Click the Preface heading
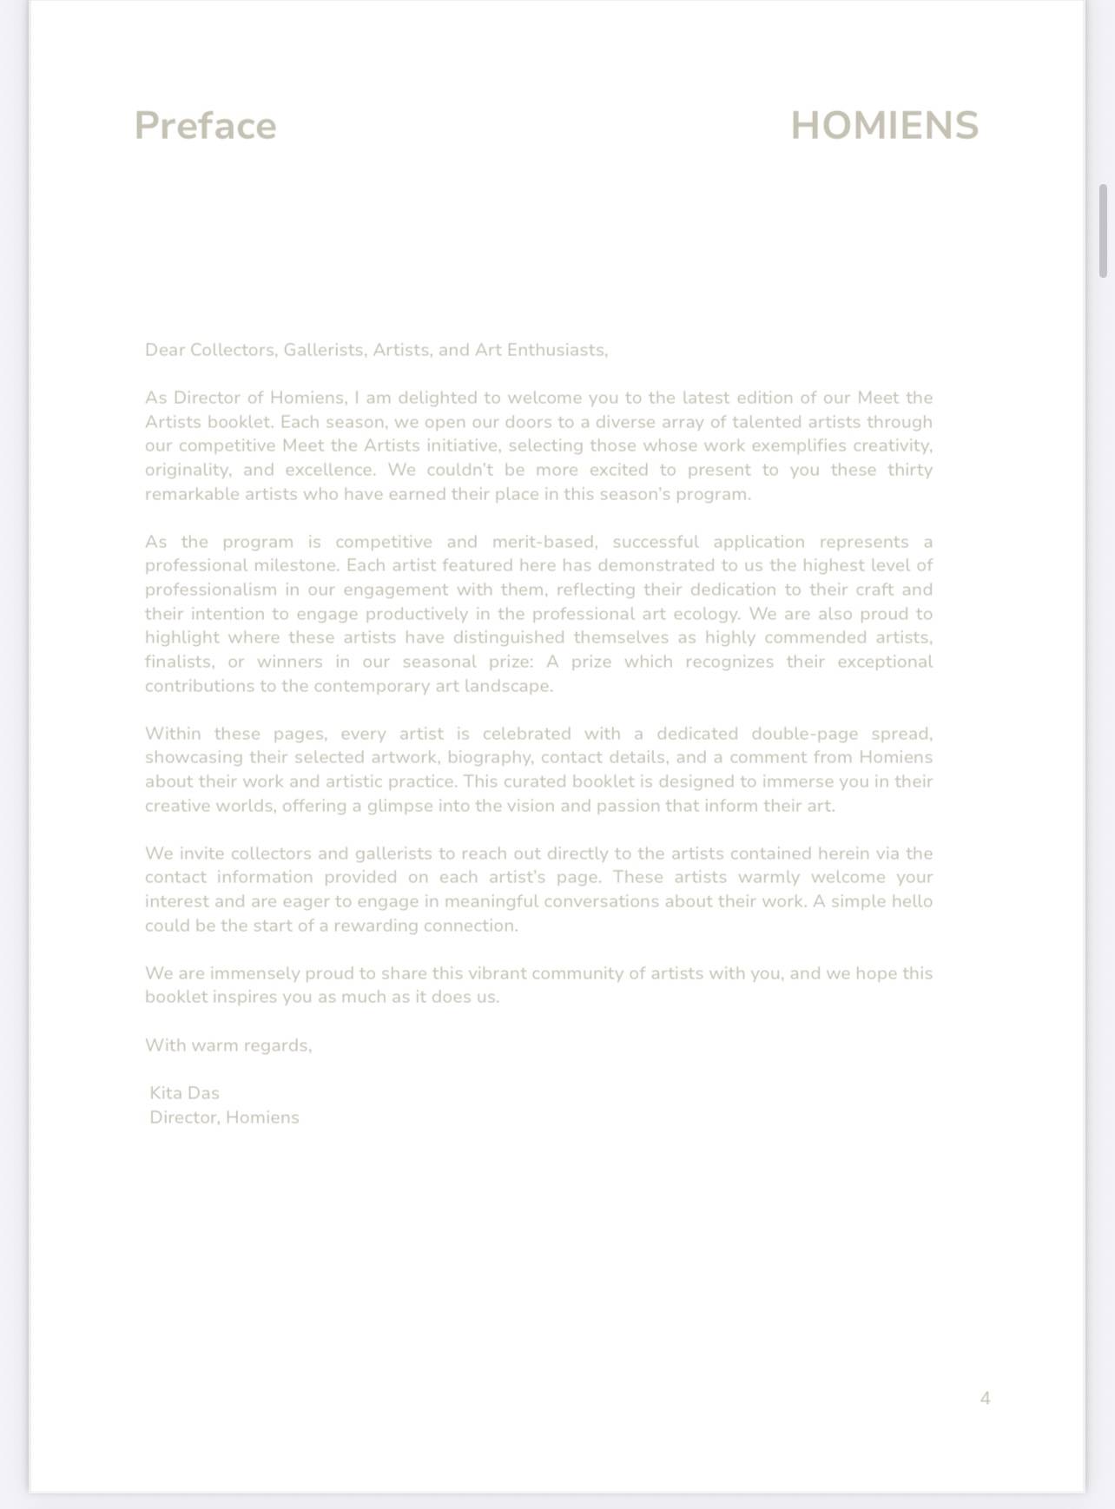click(205, 126)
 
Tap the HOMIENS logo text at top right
click(884, 126)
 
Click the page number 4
click(985, 1398)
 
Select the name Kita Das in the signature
click(184, 1093)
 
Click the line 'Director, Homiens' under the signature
click(224, 1117)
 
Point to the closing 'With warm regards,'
click(228, 1045)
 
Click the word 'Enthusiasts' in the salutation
click(556, 350)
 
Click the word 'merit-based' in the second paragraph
click(544, 542)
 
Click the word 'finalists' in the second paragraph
click(178, 662)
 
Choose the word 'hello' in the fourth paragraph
click(911, 901)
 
